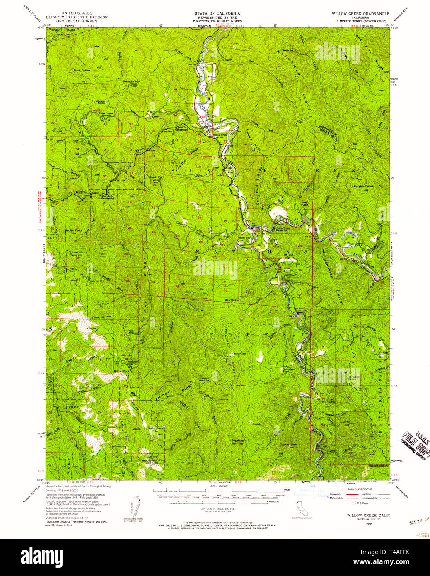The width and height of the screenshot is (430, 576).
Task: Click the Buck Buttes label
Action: (x=82, y=70)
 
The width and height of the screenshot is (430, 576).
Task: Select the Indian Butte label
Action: (x=74, y=230)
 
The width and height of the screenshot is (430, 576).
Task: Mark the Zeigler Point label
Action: (x=363, y=186)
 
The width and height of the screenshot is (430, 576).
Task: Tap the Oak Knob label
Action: (x=232, y=300)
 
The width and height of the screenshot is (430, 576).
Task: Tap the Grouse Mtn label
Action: (x=150, y=460)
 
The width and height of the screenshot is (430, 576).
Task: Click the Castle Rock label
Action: (x=377, y=466)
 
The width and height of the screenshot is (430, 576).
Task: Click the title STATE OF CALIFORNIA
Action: (x=217, y=14)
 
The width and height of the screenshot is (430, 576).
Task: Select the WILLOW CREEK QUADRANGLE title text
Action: (x=360, y=14)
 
